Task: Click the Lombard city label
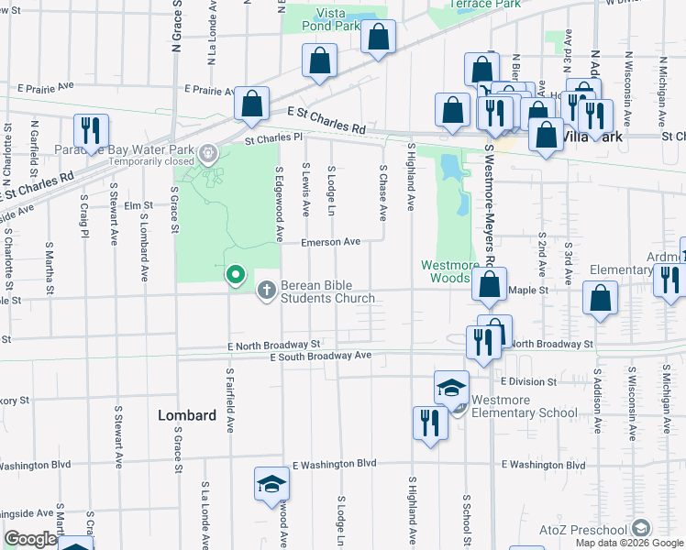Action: [x=187, y=415]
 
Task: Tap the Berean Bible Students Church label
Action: [x=327, y=291]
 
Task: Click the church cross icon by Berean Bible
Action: [x=267, y=291]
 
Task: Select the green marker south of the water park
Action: [x=236, y=274]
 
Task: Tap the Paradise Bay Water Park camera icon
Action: [x=209, y=150]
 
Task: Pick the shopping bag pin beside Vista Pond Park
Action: [x=378, y=38]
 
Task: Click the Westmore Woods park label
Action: [x=449, y=271]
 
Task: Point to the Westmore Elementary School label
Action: [x=525, y=406]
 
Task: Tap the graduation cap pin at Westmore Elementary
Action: [x=451, y=388]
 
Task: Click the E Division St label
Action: [x=529, y=380]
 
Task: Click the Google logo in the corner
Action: [x=30, y=539]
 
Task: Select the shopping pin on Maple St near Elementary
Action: [x=600, y=299]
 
